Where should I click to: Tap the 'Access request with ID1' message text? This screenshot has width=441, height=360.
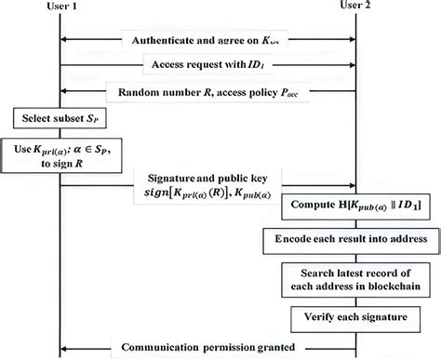[208, 66]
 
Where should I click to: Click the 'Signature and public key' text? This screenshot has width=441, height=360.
[207, 176]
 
